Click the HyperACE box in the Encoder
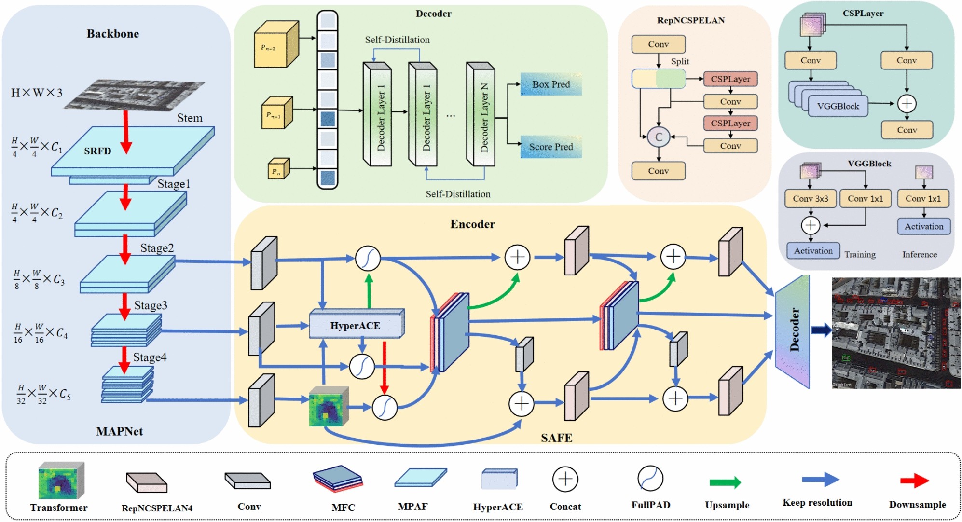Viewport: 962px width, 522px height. click(356, 325)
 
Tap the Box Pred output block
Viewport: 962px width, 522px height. click(551, 84)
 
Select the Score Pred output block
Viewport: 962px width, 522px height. click(551, 147)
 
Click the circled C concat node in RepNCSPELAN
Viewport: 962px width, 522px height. click(659, 137)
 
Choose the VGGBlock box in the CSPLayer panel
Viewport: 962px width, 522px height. click(838, 106)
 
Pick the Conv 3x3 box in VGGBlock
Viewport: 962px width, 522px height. click(810, 198)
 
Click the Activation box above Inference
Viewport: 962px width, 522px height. click(923, 226)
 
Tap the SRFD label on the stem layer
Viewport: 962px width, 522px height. click(97, 151)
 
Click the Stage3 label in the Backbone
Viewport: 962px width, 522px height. click(151, 305)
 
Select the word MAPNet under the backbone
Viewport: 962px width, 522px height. click(119, 431)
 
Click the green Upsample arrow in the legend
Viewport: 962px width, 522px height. click(725, 482)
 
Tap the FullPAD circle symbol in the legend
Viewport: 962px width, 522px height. click(650, 479)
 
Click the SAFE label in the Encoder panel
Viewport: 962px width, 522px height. click(556, 438)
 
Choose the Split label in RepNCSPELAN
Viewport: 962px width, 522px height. click(680, 61)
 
